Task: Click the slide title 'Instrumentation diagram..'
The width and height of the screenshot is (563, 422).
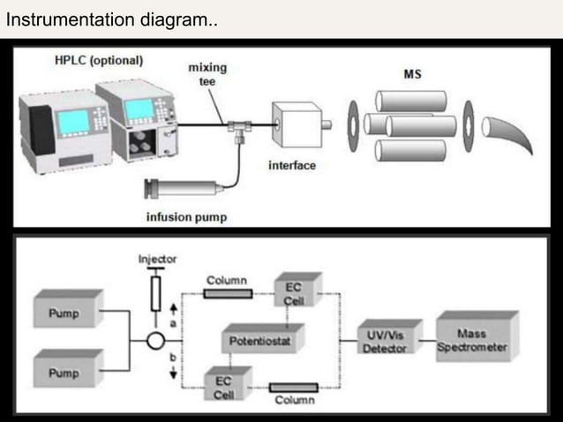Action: pyautogui.click(x=110, y=19)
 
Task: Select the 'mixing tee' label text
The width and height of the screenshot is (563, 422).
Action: pyautogui.click(x=206, y=72)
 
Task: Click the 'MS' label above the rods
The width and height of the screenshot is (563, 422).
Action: pyautogui.click(x=412, y=73)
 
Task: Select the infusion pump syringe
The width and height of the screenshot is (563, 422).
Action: pyautogui.click(x=185, y=188)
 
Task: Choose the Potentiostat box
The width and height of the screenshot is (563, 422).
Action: pyautogui.click(x=261, y=338)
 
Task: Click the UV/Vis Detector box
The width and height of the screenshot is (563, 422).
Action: pyautogui.click(x=385, y=340)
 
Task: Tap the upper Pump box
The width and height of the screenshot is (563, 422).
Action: pyautogui.click(x=66, y=313)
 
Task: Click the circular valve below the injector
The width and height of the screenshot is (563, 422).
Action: pyautogui.click(x=155, y=340)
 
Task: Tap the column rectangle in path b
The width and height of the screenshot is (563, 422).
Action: pyautogui.click(x=295, y=387)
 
